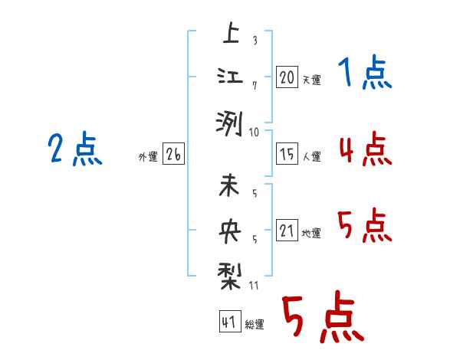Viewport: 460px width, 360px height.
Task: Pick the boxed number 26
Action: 173,155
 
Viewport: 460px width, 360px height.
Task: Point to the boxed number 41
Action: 229,322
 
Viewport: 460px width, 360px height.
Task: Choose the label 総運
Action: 254,325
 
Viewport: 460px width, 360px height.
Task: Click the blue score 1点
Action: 364,74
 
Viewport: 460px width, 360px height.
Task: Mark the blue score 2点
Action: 74,149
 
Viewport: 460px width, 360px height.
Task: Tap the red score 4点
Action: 364,149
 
